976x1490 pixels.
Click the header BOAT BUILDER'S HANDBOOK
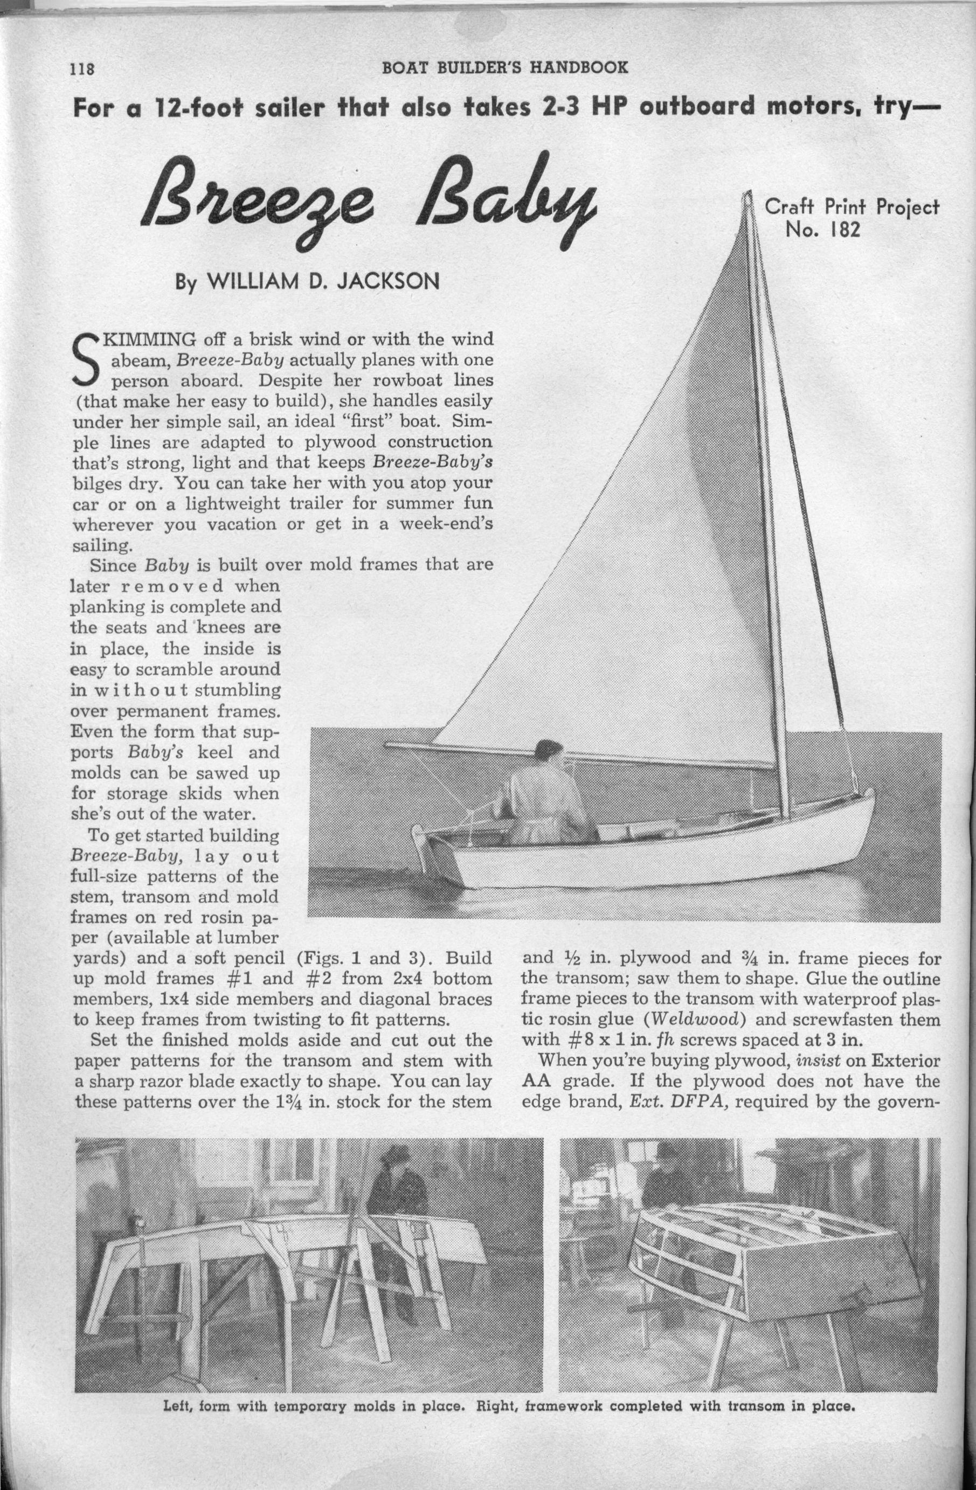coord(504,67)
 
